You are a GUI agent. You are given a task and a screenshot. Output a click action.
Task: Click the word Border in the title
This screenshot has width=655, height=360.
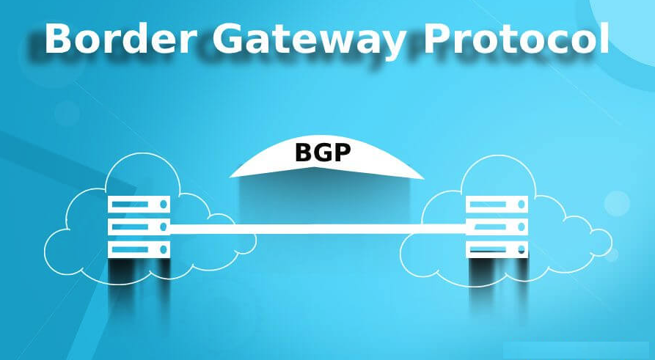pyautogui.click(x=121, y=38)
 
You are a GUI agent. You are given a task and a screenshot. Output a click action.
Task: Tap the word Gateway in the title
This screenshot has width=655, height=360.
pyautogui.click(x=310, y=40)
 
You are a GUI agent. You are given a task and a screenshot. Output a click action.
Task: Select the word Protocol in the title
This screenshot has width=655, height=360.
pyautogui.click(x=516, y=38)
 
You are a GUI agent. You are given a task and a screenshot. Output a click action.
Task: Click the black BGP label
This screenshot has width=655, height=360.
pyautogui.click(x=323, y=153)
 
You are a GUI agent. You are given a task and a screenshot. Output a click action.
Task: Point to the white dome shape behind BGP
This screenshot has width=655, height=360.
pyautogui.click(x=326, y=158)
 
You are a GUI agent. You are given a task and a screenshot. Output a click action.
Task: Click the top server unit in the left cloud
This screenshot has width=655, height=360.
pyautogui.click(x=139, y=205)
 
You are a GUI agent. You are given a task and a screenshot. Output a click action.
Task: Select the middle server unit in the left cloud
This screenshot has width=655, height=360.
pyautogui.click(x=139, y=227)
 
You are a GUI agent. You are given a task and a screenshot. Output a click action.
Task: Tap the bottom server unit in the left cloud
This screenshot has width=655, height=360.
pyautogui.click(x=139, y=250)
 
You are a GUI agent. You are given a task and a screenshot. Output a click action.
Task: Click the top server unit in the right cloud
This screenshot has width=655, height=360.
pyautogui.click(x=497, y=205)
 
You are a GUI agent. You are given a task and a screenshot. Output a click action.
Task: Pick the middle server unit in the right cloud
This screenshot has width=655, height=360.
pyautogui.click(x=497, y=227)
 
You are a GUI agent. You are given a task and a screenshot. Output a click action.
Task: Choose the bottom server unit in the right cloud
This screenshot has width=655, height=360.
pyautogui.click(x=497, y=250)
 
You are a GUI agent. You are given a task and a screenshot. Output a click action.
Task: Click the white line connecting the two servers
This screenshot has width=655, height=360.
pyautogui.click(x=318, y=229)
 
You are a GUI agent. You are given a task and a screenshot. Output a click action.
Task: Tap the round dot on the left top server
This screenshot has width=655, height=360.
pyautogui.click(x=164, y=205)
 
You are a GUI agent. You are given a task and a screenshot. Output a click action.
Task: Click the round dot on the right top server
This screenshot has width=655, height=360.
pyautogui.click(x=522, y=205)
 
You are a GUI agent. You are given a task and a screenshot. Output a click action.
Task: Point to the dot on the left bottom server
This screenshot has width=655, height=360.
pyautogui.click(x=164, y=250)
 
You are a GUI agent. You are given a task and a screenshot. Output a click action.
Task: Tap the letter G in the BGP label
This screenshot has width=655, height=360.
pyautogui.click(x=323, y=153)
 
